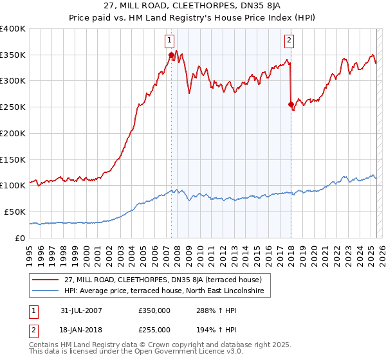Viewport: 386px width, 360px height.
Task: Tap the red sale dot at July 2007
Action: [171, 55]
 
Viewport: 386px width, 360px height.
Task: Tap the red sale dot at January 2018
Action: [291, 104]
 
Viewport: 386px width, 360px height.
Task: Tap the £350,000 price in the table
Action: [154, 310]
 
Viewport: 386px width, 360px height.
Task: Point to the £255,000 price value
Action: [154, 329]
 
